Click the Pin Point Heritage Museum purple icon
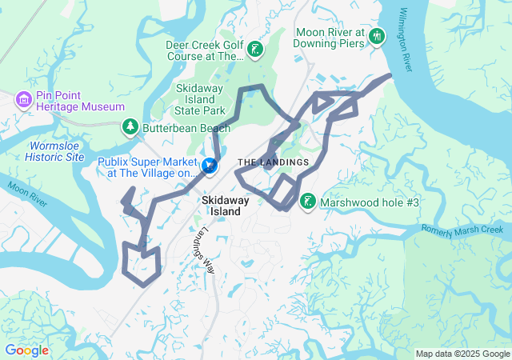pyautogui.click(x=23, y=99)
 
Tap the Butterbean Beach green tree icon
pyautogui.click(x=130, y=127)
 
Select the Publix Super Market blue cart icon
pyautogui.click(x=210, y=166)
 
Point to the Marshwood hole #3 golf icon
pyautogui.click(x=307, y=202)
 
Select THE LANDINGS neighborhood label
pyautogui.click(x=273, y=162)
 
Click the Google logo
pyautogui.click(x=26, y=350)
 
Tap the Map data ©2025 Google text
pyautogui.click(x=462, y=354)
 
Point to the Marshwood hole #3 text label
pyautogui.click(x=370, y=202)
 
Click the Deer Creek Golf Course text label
pyautogui.click(x=203, y=51)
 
